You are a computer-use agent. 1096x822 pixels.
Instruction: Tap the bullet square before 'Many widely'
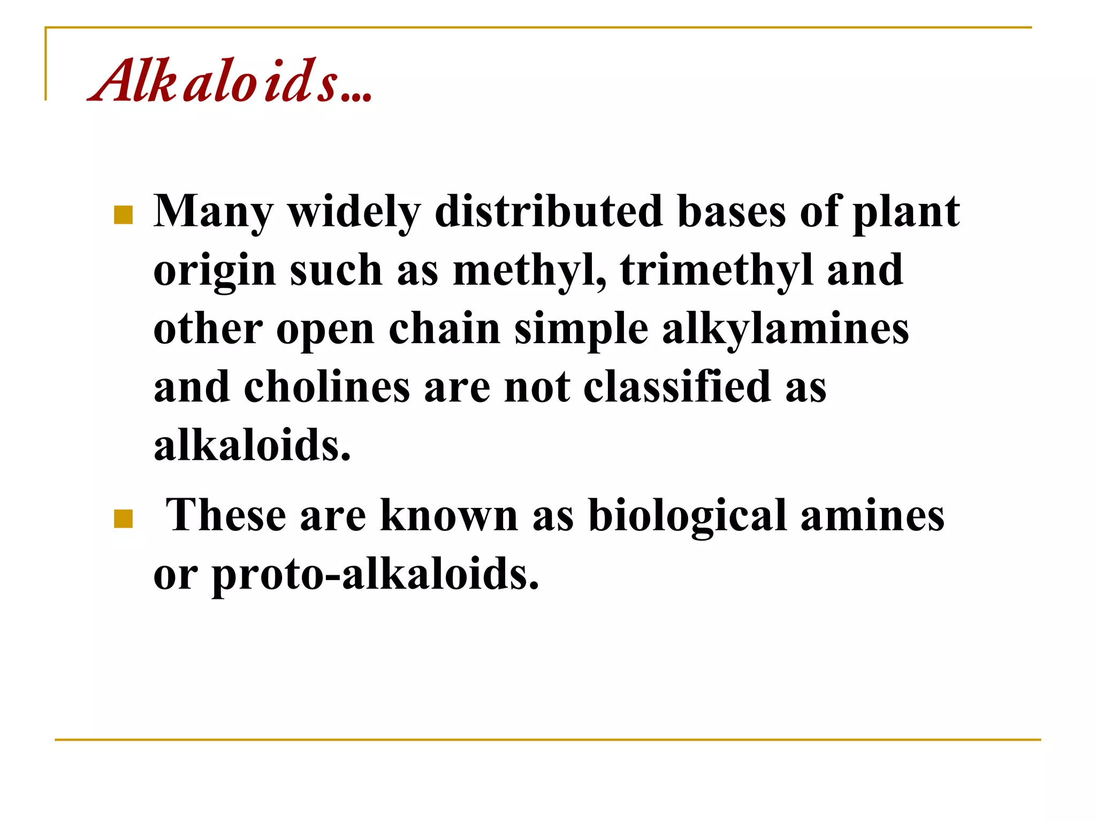click(x=124, y=215)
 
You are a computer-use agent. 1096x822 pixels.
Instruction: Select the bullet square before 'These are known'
click(x=124, y=519)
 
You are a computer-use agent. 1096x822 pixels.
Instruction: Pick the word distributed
click(x=549, y=211)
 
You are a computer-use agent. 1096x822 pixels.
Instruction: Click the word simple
click(x=581, y=329)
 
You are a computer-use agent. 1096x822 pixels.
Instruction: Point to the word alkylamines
click(x=785, y=329)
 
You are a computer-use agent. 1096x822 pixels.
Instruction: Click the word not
click(x=537, y=387)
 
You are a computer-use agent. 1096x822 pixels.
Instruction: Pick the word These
click(x=226, y=515)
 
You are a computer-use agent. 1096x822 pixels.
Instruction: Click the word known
click(x=449, y=515)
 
